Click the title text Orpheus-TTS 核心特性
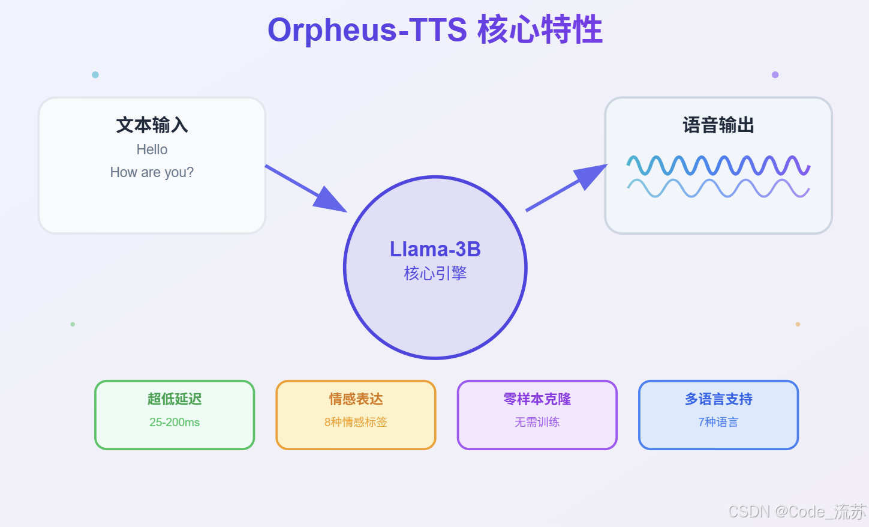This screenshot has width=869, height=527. click(435, 30)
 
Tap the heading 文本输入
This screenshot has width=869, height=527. click(152, 125)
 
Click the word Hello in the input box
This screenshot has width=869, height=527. click(152, 149)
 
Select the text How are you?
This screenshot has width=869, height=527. click(152, 172)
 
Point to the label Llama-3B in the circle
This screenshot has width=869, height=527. click(435, 249)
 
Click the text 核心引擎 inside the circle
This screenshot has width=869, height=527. click(435, 274)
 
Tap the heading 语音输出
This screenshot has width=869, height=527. click(718, 125)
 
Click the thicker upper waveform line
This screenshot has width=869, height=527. click(718, 165)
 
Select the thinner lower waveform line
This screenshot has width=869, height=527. click(718, 188)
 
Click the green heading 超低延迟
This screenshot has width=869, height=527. click(175, 399)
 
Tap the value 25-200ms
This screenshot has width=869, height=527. click(175, 422)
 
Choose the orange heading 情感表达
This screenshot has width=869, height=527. click(356, 399)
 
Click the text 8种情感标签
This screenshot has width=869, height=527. click(356, 422)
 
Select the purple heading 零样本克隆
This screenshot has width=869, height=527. click(537, 399)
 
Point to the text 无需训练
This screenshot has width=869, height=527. click(537, 422)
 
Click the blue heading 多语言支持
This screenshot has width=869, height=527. click(718, 399)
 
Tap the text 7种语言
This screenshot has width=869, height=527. click(718, 422)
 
